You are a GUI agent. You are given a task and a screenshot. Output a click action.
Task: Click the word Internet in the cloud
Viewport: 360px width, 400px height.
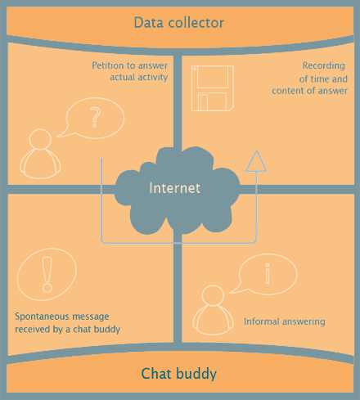tap(174, 188)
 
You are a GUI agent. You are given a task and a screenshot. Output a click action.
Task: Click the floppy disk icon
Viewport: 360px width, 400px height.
tap(213, 88)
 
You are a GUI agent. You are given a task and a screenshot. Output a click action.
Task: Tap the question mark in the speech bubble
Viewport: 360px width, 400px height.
tap(96, 118)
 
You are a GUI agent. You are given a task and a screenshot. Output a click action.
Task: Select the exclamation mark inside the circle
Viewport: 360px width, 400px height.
tap(47, 275)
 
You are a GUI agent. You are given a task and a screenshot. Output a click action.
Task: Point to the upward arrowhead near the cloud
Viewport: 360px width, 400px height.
tap(256, 161)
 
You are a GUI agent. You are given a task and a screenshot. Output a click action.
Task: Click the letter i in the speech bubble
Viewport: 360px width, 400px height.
tap(268, 273)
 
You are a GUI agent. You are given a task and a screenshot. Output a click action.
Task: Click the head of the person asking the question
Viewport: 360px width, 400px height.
tap(40, 139)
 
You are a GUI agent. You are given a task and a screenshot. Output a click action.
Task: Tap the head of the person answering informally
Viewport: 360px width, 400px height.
tap(213, 295)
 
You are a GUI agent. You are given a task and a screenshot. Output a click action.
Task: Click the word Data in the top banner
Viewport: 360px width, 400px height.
tap(149, 23)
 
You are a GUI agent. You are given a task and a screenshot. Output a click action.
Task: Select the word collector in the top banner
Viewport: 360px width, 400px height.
tap(196, 23)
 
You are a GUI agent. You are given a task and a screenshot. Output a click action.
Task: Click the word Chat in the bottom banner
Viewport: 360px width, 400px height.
tap(155, 373)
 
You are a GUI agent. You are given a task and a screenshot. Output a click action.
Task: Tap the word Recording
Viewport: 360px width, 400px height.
tap(324, 66)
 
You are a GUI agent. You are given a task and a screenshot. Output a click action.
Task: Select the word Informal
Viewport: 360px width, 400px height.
tap(262, 321)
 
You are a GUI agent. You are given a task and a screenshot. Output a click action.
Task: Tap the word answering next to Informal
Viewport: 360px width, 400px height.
tap(304, 322)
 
